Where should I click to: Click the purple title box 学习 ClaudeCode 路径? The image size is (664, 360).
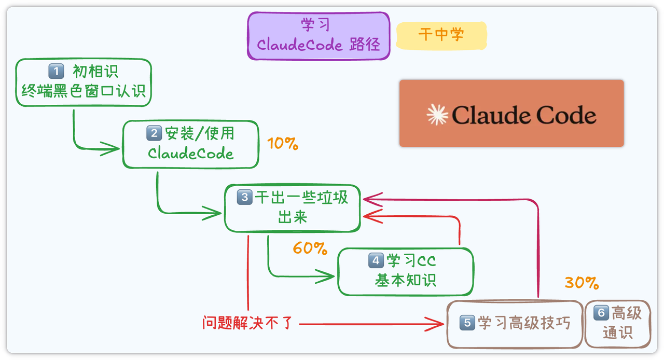tap(319, 36)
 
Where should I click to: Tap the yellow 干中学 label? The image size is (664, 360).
tap(441, 35)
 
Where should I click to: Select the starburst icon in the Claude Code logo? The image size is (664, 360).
tap(437, 115)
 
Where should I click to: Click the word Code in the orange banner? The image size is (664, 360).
tap(566, 115)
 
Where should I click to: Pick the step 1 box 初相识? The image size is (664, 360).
tap(84, 82)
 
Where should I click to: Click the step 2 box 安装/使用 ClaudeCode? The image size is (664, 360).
tap(190, 144)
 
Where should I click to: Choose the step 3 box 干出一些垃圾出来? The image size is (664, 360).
tap(292, 207)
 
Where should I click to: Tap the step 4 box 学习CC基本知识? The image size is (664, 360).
tap(405, 271)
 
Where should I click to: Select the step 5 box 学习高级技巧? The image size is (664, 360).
tap(515, 324)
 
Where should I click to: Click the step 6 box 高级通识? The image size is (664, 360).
tap(617, 323)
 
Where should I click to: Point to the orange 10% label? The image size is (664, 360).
tap(283, 144)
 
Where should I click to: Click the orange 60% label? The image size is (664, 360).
tap(310, 248)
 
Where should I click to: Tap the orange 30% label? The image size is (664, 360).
tap(582, 283)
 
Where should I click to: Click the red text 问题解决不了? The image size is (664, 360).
tap(248, 324)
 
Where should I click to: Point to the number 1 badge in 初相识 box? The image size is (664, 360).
tap(56, 71)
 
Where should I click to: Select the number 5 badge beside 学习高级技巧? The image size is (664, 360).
tap(467, 323)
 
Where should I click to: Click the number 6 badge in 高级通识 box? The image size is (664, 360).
tap(601, 312)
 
